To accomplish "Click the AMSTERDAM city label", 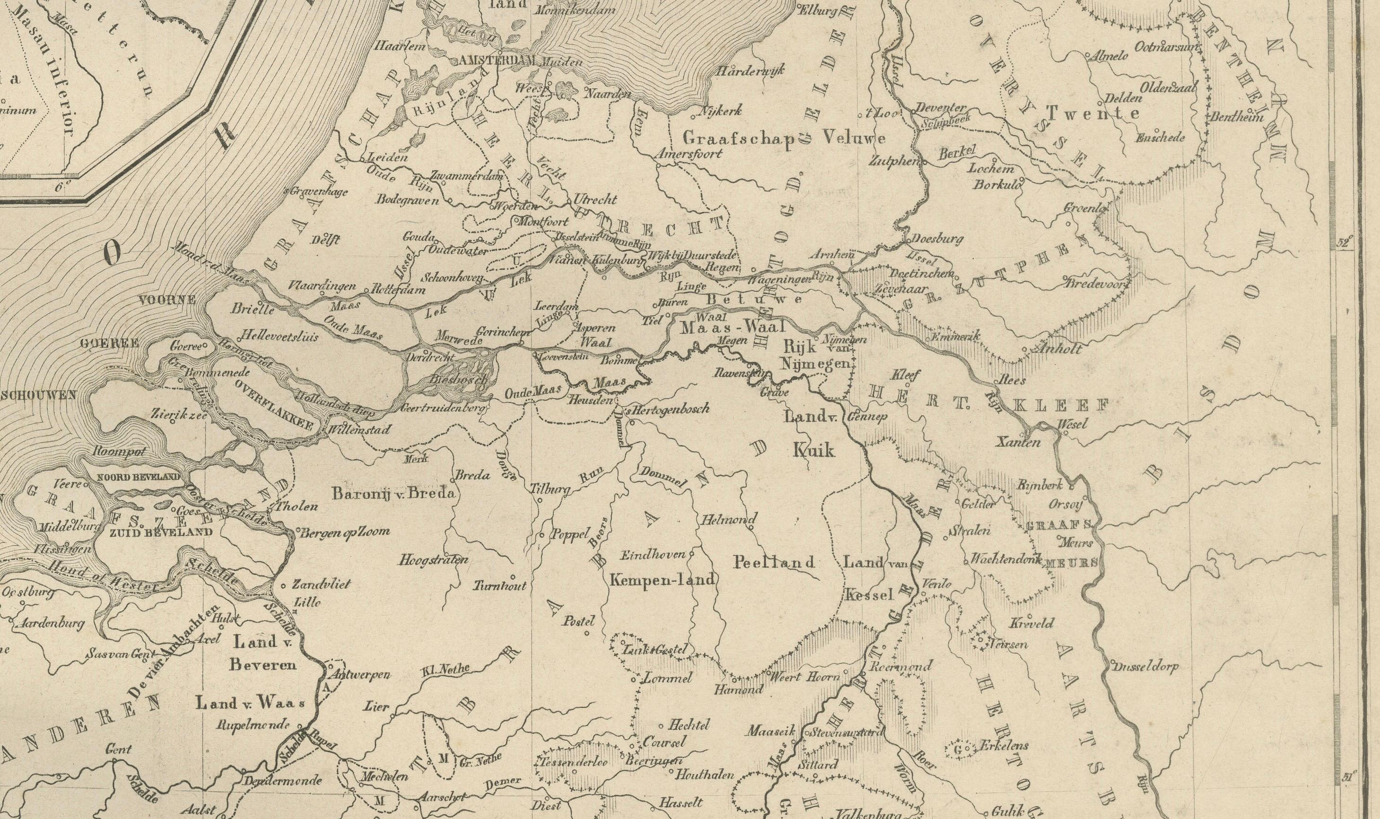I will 497,61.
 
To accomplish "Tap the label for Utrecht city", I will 595,199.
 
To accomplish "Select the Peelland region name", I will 774,562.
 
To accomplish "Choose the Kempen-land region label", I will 662,579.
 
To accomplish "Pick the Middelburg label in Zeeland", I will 69,527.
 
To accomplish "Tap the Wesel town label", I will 1072,424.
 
